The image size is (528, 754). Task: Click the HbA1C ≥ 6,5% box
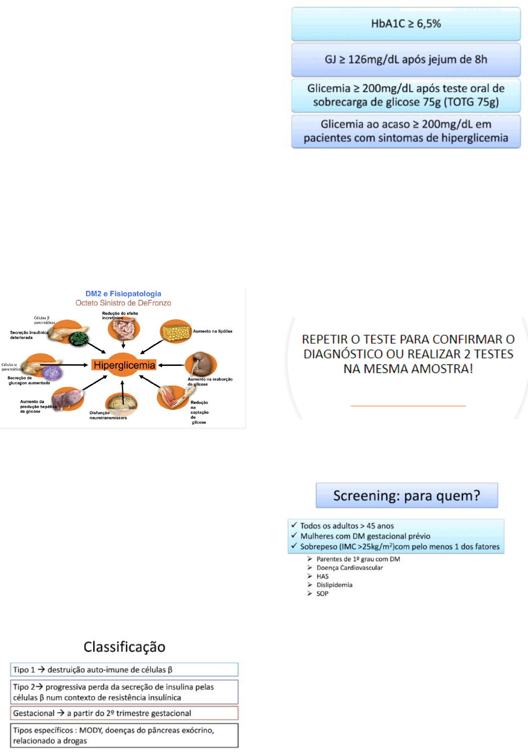(x=405, y=24)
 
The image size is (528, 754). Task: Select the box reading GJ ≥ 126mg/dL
(x=405, y=59)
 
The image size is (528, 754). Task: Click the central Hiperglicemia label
(x=124, y=365)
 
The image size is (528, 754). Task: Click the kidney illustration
(x=201, y=362)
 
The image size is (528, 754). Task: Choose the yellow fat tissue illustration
(x=175, y=332)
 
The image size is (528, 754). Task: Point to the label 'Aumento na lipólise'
(x=212, y=331)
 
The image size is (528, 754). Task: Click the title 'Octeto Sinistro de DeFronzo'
(x=123, y=303)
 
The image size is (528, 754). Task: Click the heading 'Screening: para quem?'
(x=406, y=495)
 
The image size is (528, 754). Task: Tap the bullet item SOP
(x=322, y=594)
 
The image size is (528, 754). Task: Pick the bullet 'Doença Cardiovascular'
(x=349, y=568)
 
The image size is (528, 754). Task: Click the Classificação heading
(x=124, y=647)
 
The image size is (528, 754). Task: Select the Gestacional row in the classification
(x=124, y=713)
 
